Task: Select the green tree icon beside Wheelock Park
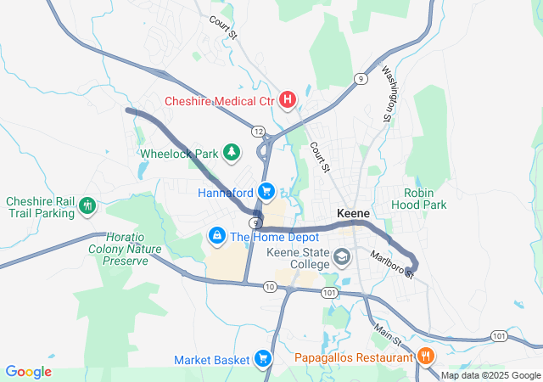point(231,153)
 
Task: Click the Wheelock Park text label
point(179,154)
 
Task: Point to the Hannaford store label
point(226,193)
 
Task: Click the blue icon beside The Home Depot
point(217,233)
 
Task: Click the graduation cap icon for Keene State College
point(342,256)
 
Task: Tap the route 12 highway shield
point(257,130)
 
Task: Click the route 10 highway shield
point(270,287)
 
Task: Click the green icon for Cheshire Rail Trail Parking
point(87,205)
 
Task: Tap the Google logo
point(28,372)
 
